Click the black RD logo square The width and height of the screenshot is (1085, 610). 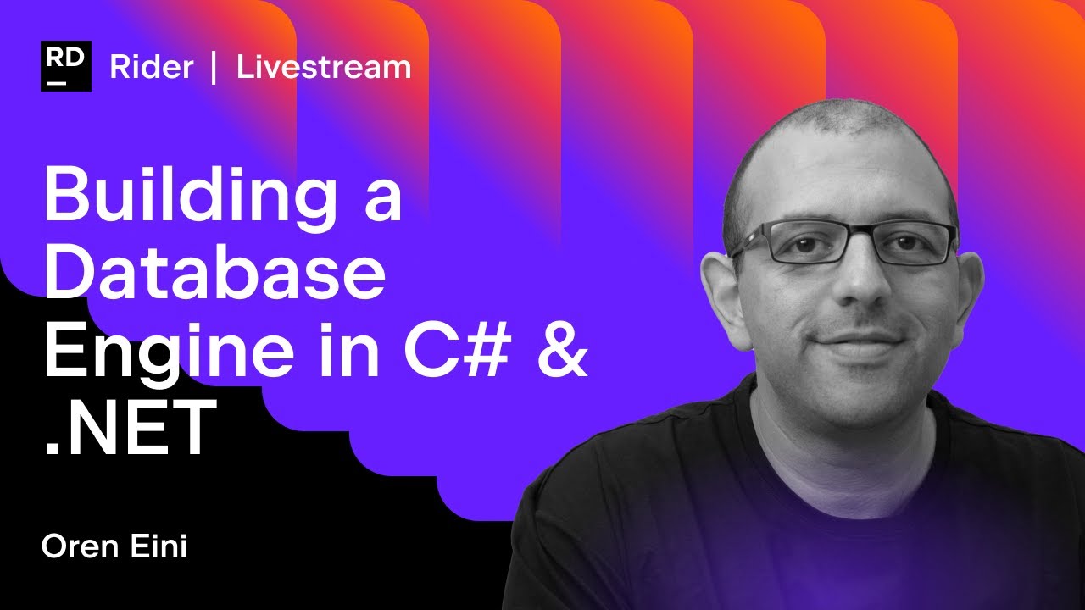pyautogui.click(x=66, y=66)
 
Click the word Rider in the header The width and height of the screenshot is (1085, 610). pyautogui.click(x=152, y=67)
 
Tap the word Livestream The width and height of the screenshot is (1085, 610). pyautogui.click(x=324, y=67)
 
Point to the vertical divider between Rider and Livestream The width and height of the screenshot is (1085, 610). pyautogui.click(x=214, y=67)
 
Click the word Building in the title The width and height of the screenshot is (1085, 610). pyautogui.click(x=191, y=199)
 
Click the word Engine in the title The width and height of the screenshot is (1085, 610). pyautogui.click(x=169, y=351)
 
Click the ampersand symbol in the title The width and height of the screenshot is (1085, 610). pyautogui.click(x=560, y=347)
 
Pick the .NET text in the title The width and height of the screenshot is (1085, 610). pyautogui.click(x=131, y=426)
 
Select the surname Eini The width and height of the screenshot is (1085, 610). pyautogui.click(x=159, y=546)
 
